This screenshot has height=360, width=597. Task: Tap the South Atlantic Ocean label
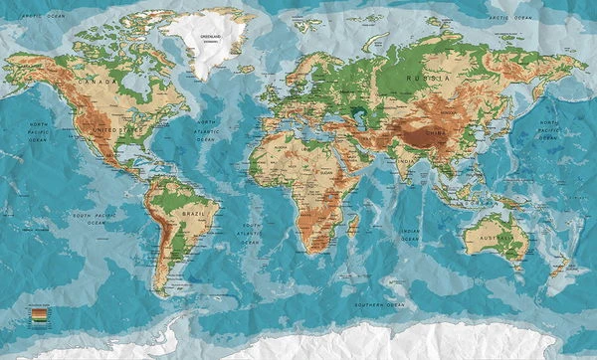coord(252,233)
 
